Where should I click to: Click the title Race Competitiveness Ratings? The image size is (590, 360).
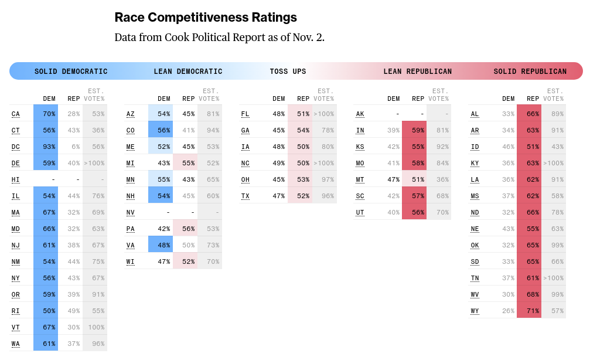(206, 18)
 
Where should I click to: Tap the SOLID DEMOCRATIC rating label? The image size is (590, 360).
(71, 72)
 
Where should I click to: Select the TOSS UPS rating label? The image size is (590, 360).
(288, 72)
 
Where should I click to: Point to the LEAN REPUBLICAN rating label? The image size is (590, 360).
(417, 72)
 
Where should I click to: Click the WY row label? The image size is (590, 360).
(475, 311)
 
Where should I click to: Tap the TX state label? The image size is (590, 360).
(245, 196)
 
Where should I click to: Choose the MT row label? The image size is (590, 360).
(360, 179)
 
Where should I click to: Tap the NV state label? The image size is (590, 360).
(131, 212)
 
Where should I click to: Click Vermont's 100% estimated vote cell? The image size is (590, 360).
(95, 327)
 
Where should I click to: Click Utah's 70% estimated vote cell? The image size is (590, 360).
(439, 212)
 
